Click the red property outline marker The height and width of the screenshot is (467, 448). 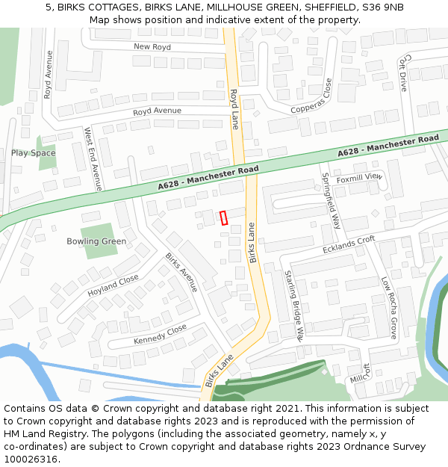tap(223, 217)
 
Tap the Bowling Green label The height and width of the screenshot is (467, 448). tap(96, 241)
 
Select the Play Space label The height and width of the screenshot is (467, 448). tap(33, 153)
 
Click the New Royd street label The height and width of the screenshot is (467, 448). tap(152, 46)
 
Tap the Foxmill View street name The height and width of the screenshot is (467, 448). tap(358, 177)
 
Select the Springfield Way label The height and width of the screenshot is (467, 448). tap(331, 200)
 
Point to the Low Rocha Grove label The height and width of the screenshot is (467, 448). tap(389, 307)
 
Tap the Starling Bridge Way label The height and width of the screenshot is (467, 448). tap(295, 306)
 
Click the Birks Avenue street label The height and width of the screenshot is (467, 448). tap(181, 272)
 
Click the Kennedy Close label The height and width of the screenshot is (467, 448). tap(160, 335)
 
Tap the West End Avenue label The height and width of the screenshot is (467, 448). tap(93, 158)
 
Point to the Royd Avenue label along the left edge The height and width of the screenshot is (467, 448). tap(49, 75)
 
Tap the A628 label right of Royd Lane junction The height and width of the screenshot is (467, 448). tap(388, 145)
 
